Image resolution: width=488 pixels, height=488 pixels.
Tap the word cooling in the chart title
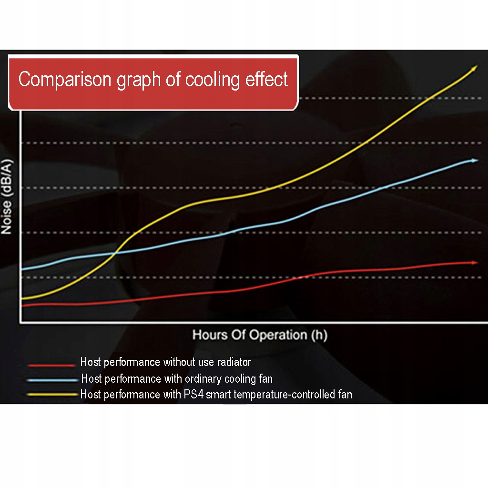click(x=213, y=79)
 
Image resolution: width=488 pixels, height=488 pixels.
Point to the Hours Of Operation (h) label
click(x=260, y=335)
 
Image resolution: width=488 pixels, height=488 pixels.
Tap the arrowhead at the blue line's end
click(x=474, y=161)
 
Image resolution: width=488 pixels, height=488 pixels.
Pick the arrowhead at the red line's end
click(x=474, y=263)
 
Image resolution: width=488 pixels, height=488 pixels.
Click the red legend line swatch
click(x=51, y=365)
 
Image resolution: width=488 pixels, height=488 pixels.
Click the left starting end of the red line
click(x=23, y=305)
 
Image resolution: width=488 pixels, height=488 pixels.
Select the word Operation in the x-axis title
click(x=278, y=335)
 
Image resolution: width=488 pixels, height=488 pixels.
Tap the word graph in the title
click(x=138, y=80)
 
